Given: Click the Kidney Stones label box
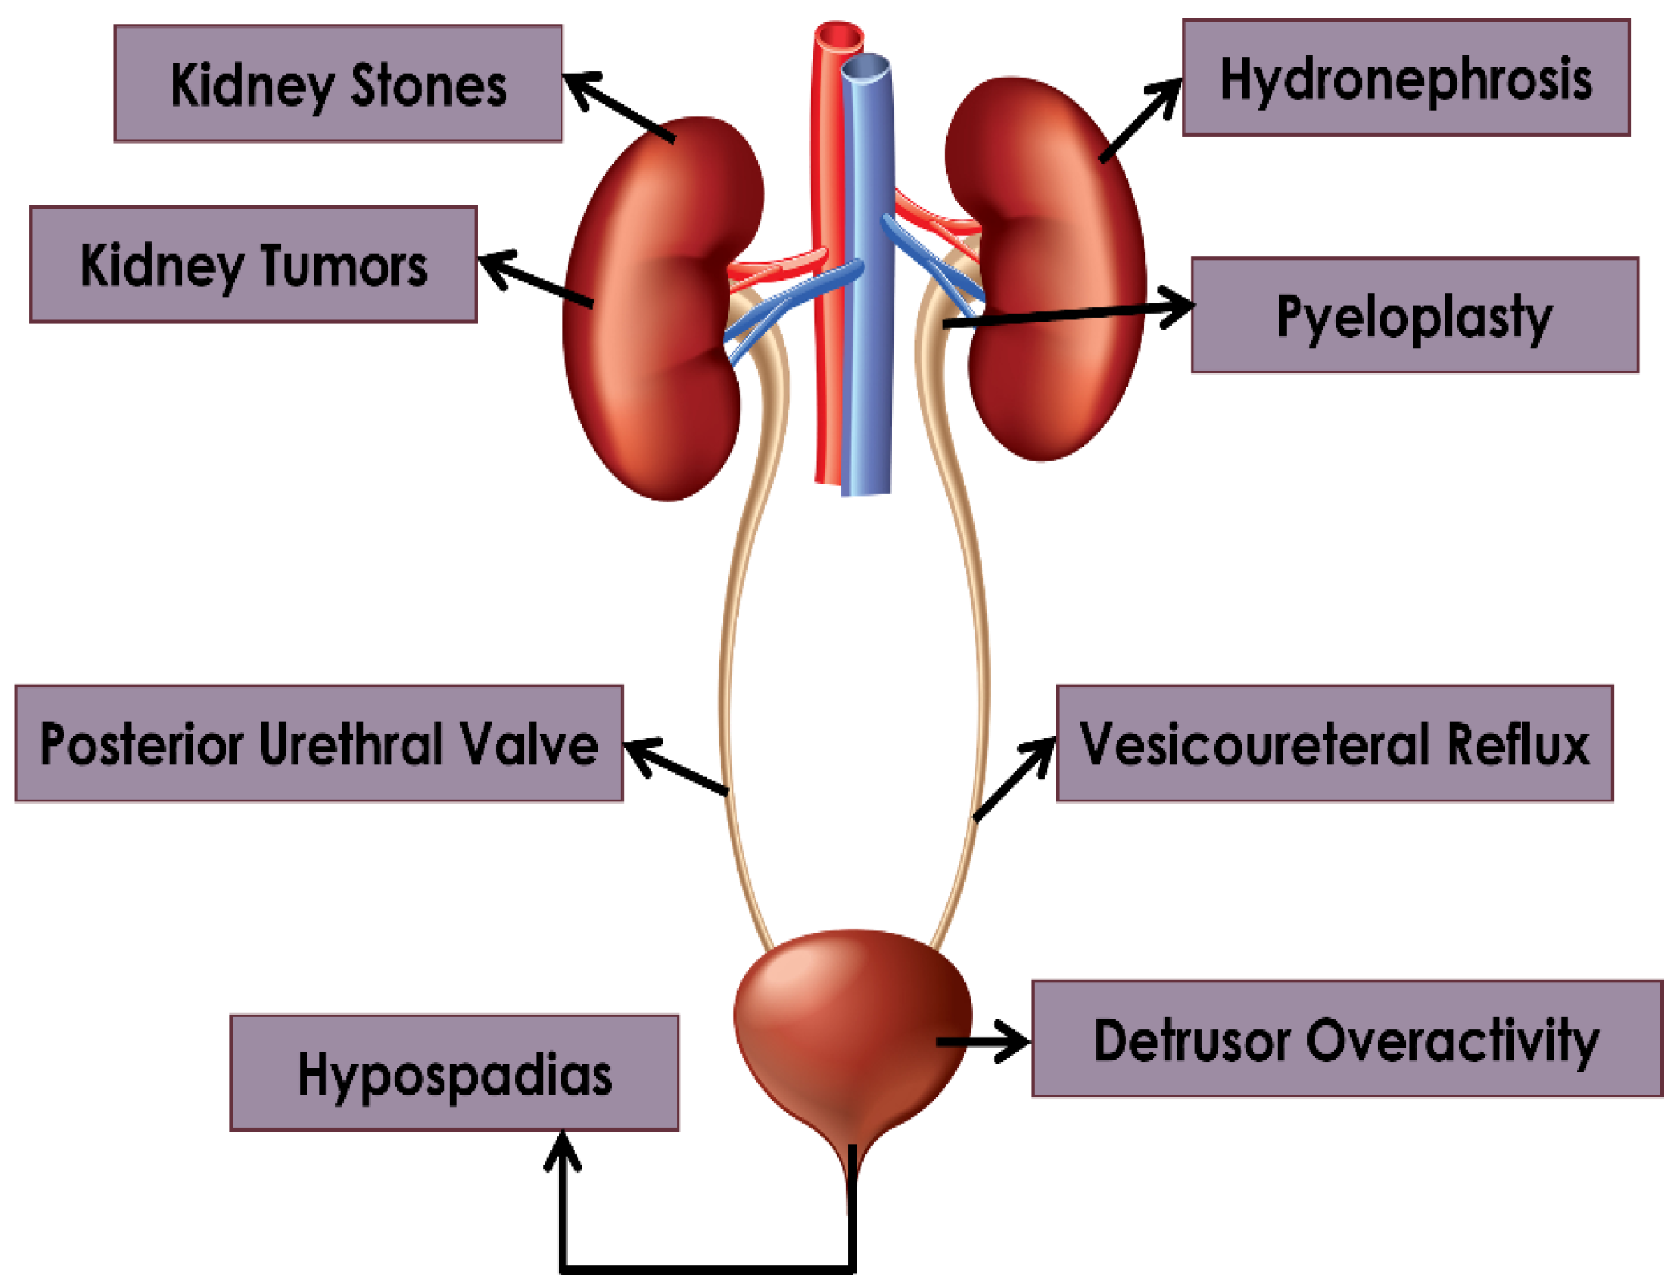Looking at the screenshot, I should (x=338, y=83).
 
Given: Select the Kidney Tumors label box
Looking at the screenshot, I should (x=253, y=265).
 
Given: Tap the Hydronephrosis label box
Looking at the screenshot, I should (x=1406, y=78).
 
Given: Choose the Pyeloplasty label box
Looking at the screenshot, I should (x=1415, y=315).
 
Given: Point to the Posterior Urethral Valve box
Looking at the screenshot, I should (x=319, y=744).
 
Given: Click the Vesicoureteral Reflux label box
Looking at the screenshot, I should (x=1334, y=744).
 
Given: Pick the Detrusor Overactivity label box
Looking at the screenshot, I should (x=1346, y=1039).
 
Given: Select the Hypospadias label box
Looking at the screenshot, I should (x=454, y=1073).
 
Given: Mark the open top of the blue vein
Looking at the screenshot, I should (x=865, y=69).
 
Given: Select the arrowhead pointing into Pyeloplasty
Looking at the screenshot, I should (x=1179, y=306).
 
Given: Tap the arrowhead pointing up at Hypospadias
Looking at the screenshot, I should (x=563, y=1149).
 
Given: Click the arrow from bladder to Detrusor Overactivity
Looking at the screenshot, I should (x=983, y=1041).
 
